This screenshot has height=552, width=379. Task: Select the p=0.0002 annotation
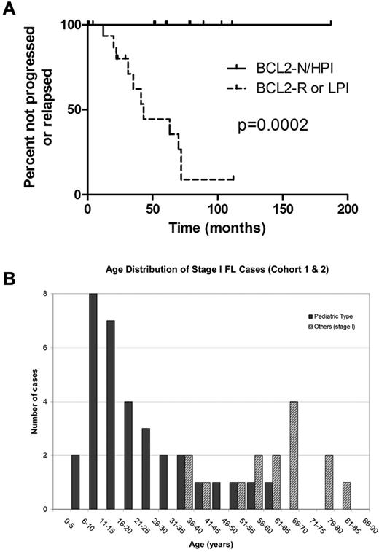(x=273, y=125)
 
